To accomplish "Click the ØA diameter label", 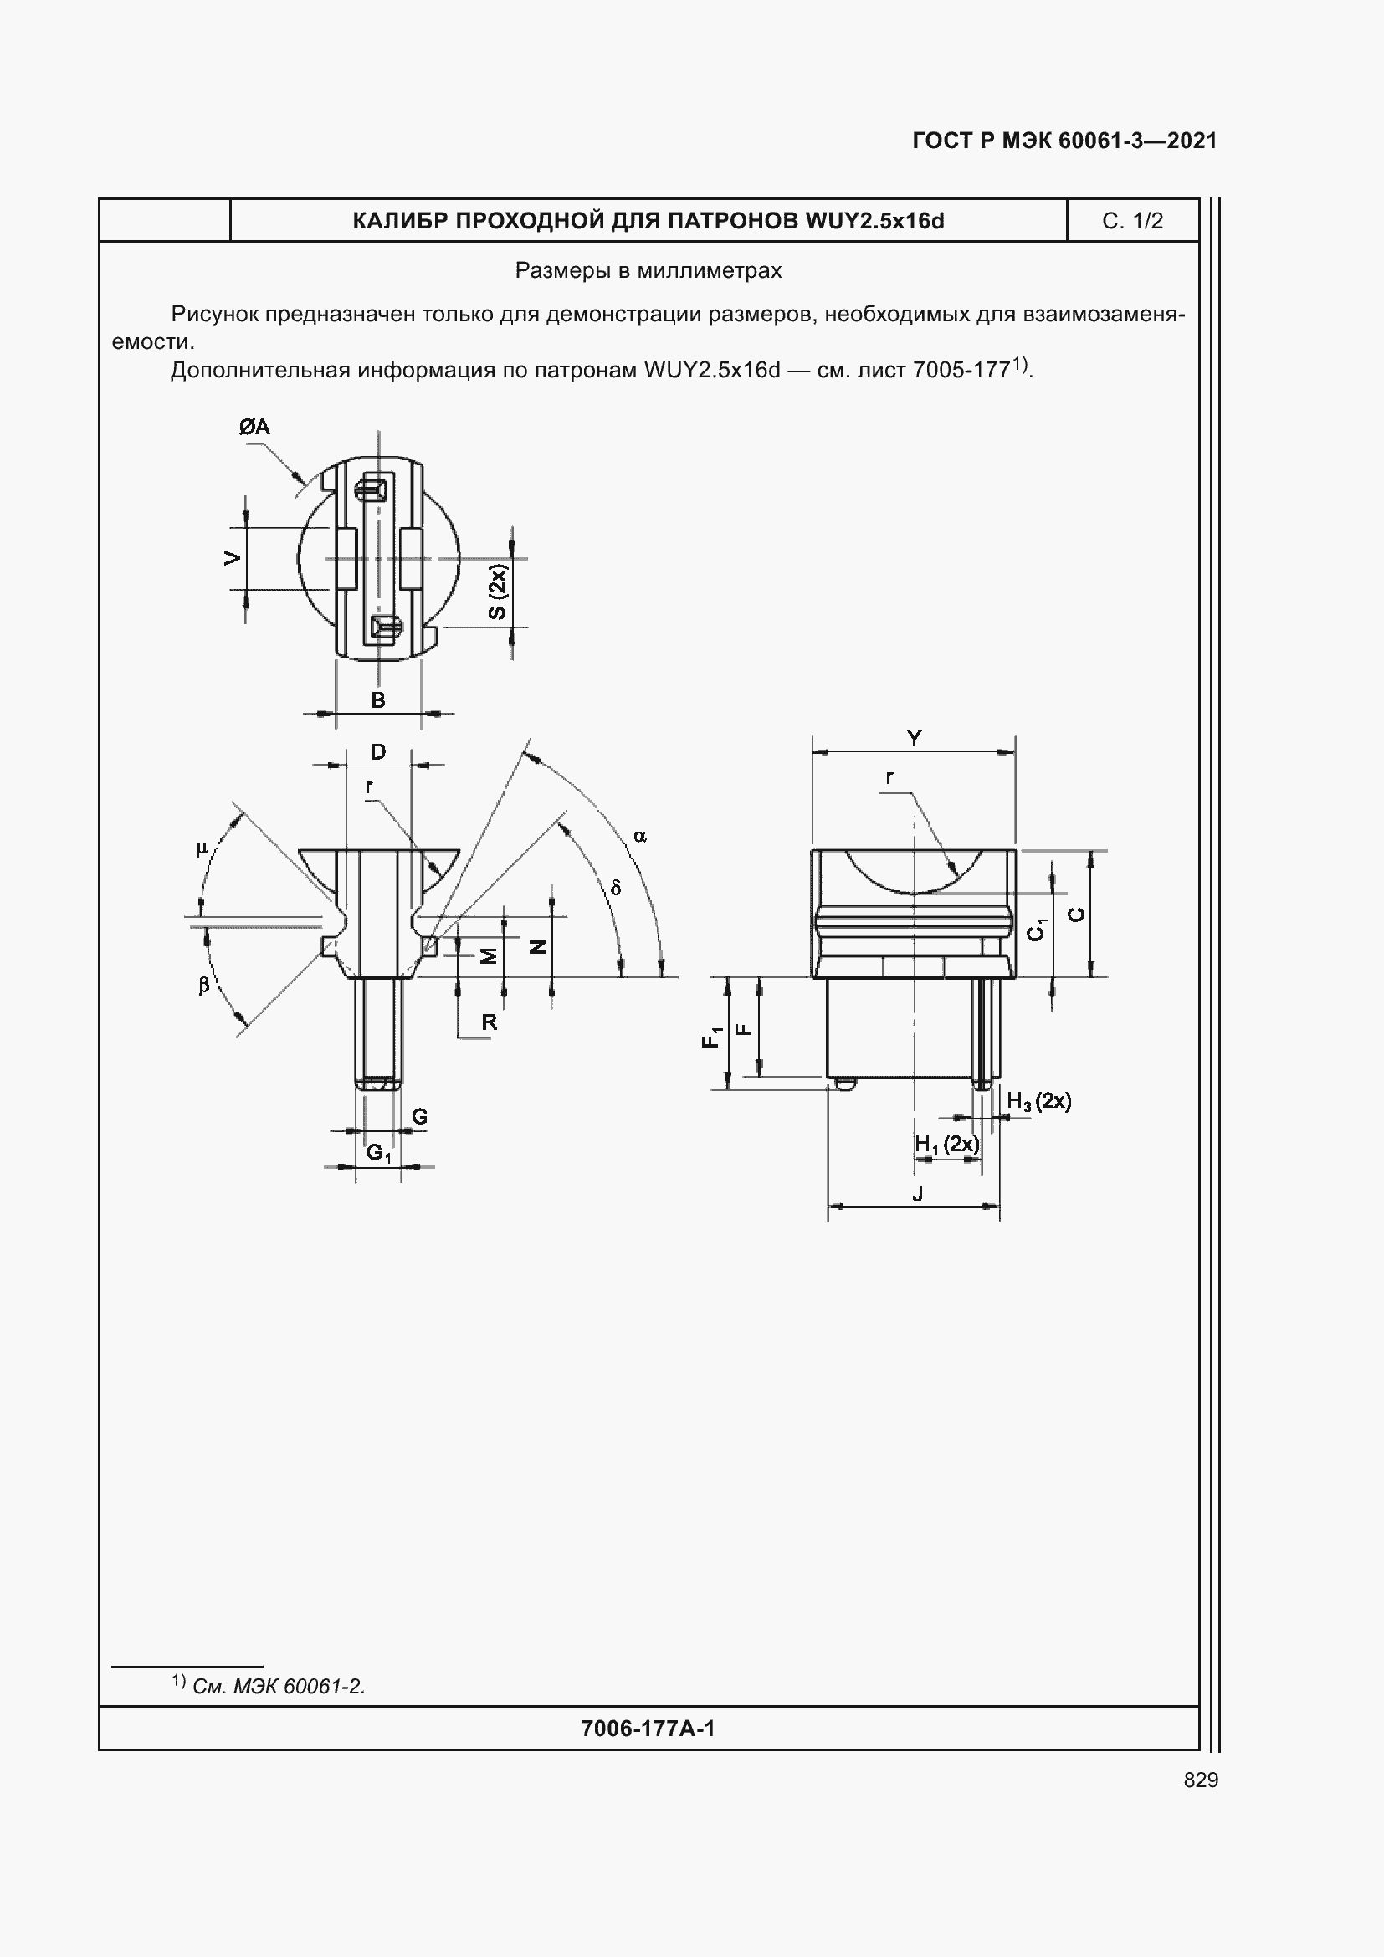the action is click(254, 427).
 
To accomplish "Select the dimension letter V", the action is click(232, 558).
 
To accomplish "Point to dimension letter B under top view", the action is click(378, 700).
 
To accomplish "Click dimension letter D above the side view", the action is click(378, 752).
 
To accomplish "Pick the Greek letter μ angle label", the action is click(202, 849).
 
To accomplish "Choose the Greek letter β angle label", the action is click(203, 986).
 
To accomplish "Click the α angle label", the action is click(640, 836).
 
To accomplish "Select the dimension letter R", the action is click(490, 1022).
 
